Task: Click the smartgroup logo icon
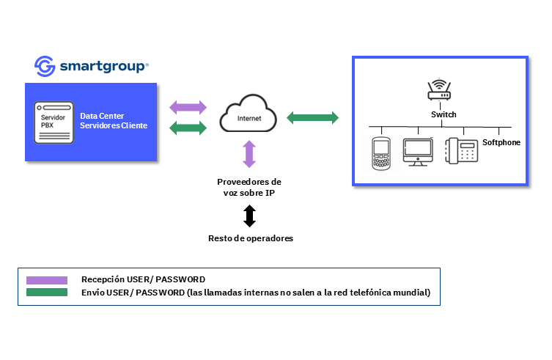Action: (45, 66)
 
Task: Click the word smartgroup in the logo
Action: (103, 66)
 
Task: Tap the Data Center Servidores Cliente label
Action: (114, 121)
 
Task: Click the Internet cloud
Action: (248, 117)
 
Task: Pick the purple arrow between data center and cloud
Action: (188, 107)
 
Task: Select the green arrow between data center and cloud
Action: (188, 128)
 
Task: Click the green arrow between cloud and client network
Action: (312, 117)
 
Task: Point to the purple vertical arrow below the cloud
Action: (249, 155)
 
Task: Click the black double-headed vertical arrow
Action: (249, 216)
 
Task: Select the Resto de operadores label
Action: (249, 238)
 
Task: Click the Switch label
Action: (444, 114)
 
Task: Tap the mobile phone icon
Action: (380, 153)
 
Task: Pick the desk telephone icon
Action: (462, 152)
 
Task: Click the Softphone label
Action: (501, 142)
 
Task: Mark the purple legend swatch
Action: (46, 280)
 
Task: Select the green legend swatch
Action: (46, 293)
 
